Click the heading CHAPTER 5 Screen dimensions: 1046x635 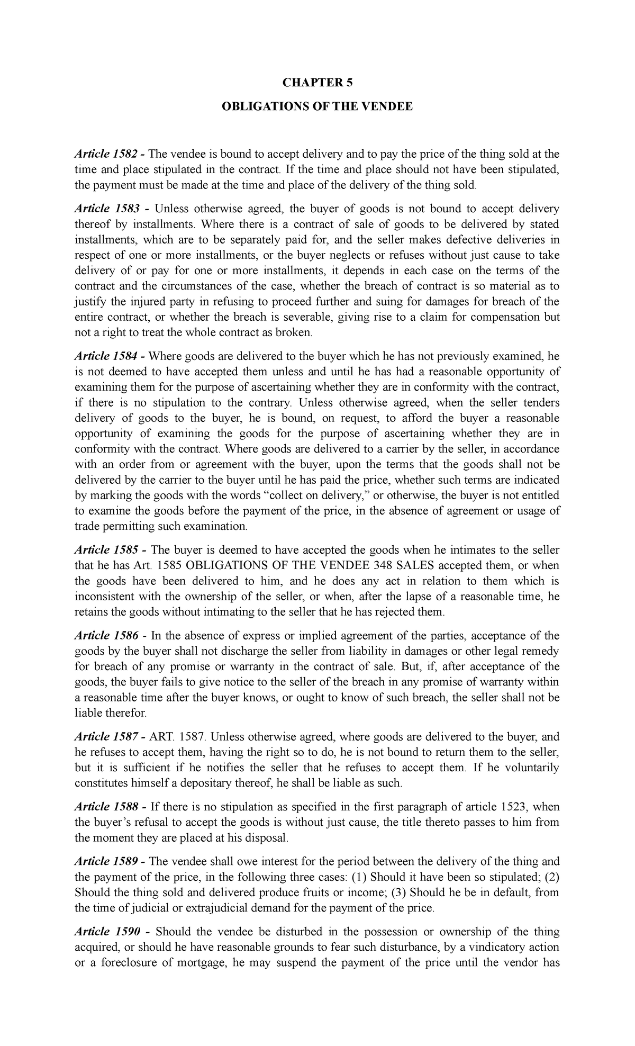[x=317, y=82]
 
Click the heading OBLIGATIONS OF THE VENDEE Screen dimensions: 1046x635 [x=317, y=107]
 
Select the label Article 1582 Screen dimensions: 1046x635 [x=106, y=154]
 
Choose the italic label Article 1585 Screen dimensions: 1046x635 [x=106, y=550]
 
